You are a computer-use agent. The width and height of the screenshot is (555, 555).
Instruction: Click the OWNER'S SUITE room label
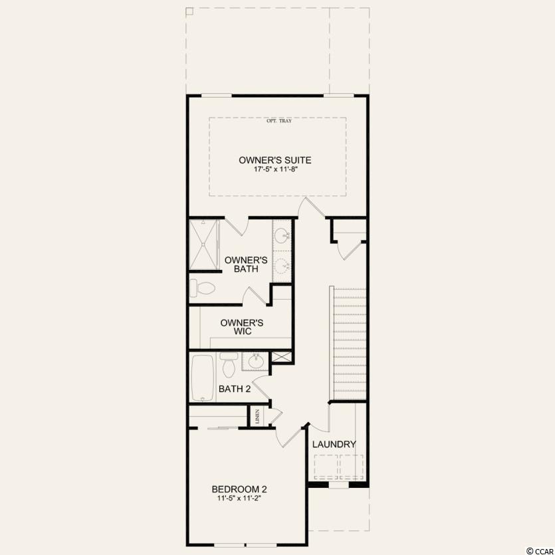click(x=275, y=160)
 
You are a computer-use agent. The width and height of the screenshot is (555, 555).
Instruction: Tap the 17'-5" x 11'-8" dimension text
click(x=275, y=169)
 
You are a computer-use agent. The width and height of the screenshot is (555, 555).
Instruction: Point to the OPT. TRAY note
click(x=279, y=121)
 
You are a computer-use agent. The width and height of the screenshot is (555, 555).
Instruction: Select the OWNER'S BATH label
click(x=246, y=265)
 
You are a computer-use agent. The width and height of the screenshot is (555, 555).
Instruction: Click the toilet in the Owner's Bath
click(x=202, y=288)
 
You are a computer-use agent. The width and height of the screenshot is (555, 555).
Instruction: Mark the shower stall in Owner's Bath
click(x=204, y=245)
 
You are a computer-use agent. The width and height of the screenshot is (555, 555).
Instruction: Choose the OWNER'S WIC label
click(x=242, y=327)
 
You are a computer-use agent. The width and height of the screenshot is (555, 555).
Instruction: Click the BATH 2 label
click(x=235, y=389)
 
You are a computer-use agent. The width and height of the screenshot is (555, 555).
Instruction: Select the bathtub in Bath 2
click(x=203, y=378)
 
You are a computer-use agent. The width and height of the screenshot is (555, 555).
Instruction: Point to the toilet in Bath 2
click(x=228, y=364)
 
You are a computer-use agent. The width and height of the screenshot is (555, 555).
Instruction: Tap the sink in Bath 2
click(x=255, y=362)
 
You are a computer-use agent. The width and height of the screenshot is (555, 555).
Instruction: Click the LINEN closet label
click(x=257, y=417)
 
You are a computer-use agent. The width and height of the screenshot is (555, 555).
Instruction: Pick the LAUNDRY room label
click(x=334, y=444)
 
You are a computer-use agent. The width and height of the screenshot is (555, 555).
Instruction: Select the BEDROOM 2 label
click(x=239, y=489)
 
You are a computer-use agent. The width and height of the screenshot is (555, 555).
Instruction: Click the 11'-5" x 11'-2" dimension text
click(x=239, y=499)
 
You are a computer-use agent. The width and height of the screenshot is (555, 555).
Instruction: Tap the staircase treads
click(x=350, y=344)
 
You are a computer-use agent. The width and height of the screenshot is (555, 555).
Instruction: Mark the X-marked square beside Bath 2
click(x=282, y=357)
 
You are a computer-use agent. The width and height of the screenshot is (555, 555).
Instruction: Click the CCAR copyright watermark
click(x=540, y=551)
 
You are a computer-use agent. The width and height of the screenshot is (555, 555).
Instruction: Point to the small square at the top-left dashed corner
click(x=189, y=11)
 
